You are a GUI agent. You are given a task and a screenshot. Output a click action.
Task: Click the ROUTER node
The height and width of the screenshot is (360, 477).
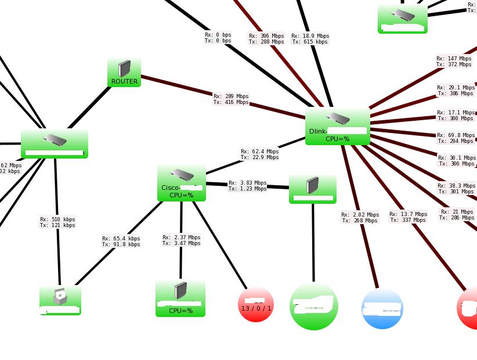pos(124,73)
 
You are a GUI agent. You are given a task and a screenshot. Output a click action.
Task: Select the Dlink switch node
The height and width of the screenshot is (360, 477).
pos(338,126)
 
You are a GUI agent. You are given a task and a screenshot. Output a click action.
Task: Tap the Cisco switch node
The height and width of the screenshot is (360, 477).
pos(182,182)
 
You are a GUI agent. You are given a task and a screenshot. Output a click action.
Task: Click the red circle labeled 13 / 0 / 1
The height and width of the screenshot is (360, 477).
pos(256,304)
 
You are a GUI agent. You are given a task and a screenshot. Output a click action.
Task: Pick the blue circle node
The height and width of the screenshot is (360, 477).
pos(382,308)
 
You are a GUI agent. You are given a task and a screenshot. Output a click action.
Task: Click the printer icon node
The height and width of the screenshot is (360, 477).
pos(60,300)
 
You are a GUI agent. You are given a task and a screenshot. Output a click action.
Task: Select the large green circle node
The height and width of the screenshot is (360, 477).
pos(314,306)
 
